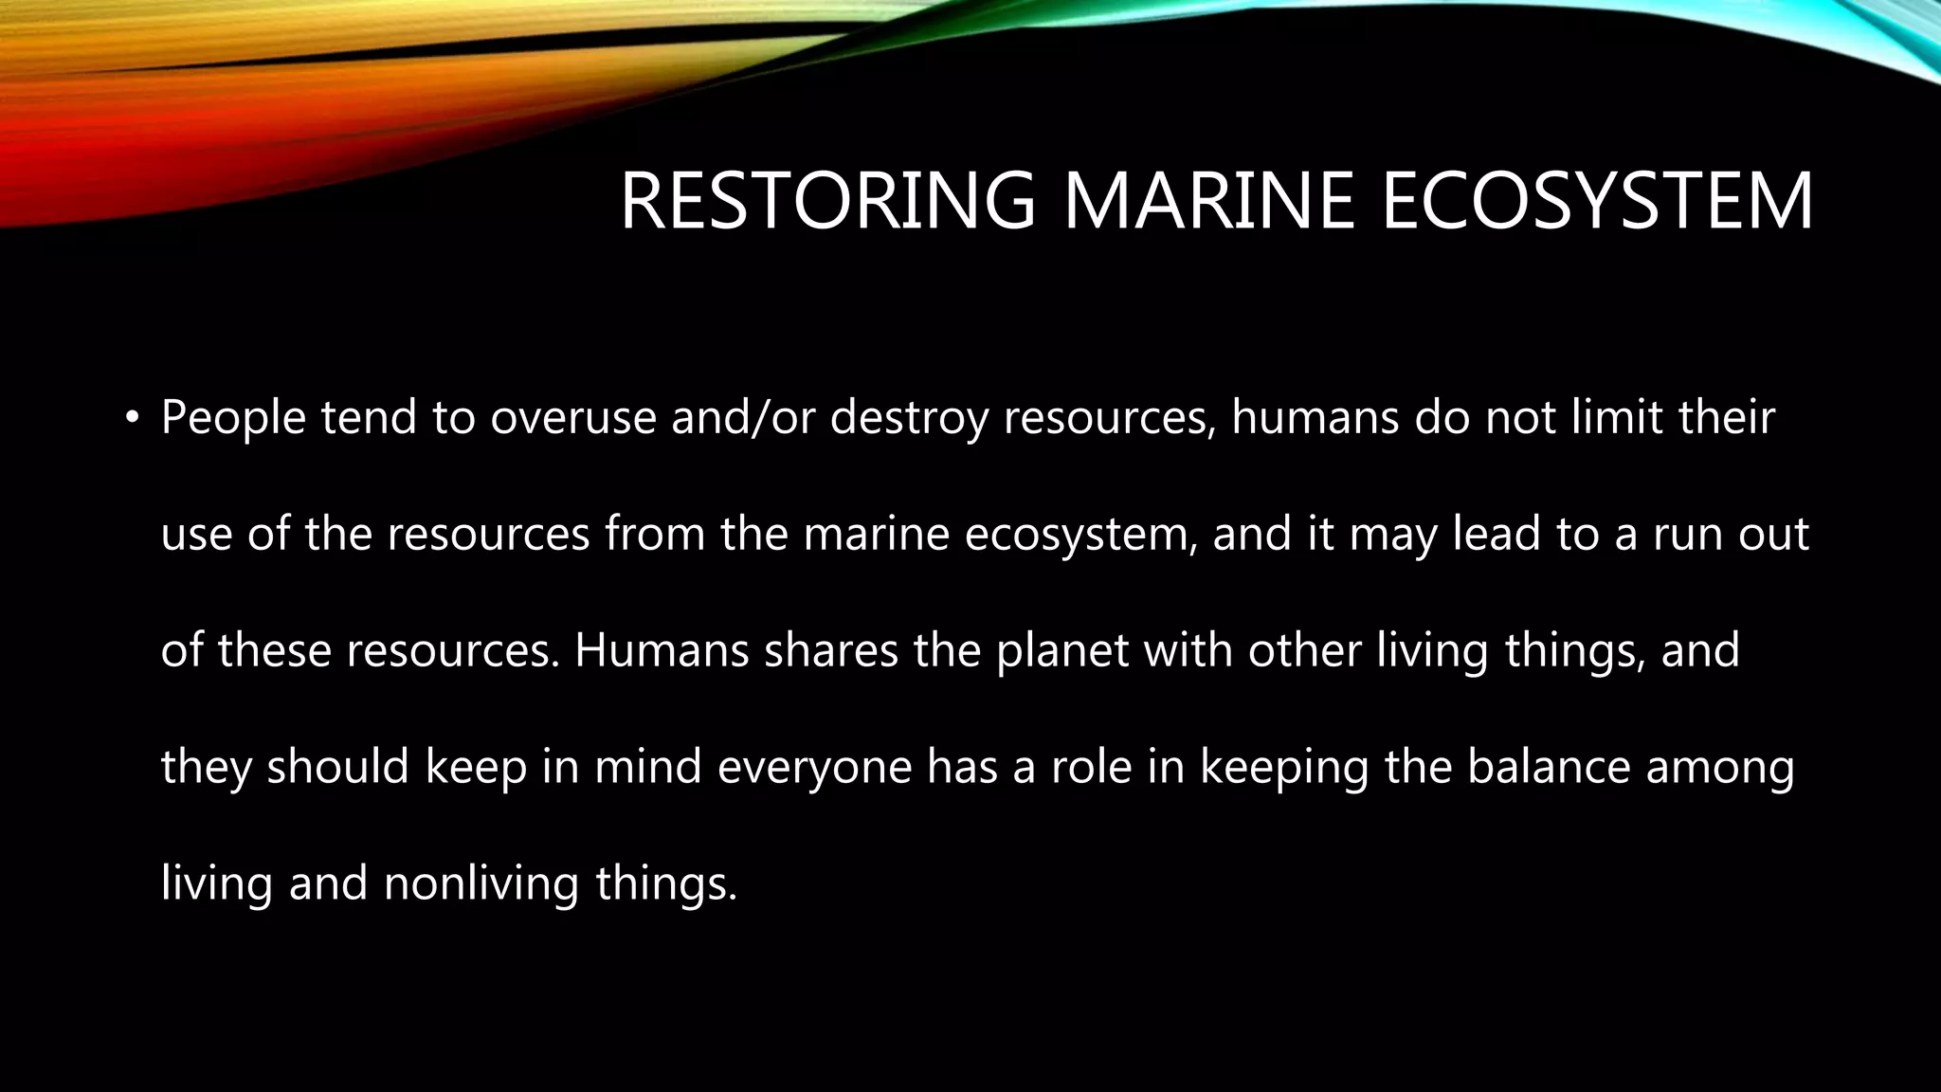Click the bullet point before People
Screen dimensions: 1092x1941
(x=132, y=417)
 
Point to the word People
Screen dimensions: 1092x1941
(x=233, y=418)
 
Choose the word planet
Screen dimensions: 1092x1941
(x=1062, y=650)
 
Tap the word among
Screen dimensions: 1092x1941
(x=1720, y=767)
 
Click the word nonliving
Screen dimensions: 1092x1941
(x=481, y=883)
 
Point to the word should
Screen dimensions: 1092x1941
(x=337, y=767)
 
